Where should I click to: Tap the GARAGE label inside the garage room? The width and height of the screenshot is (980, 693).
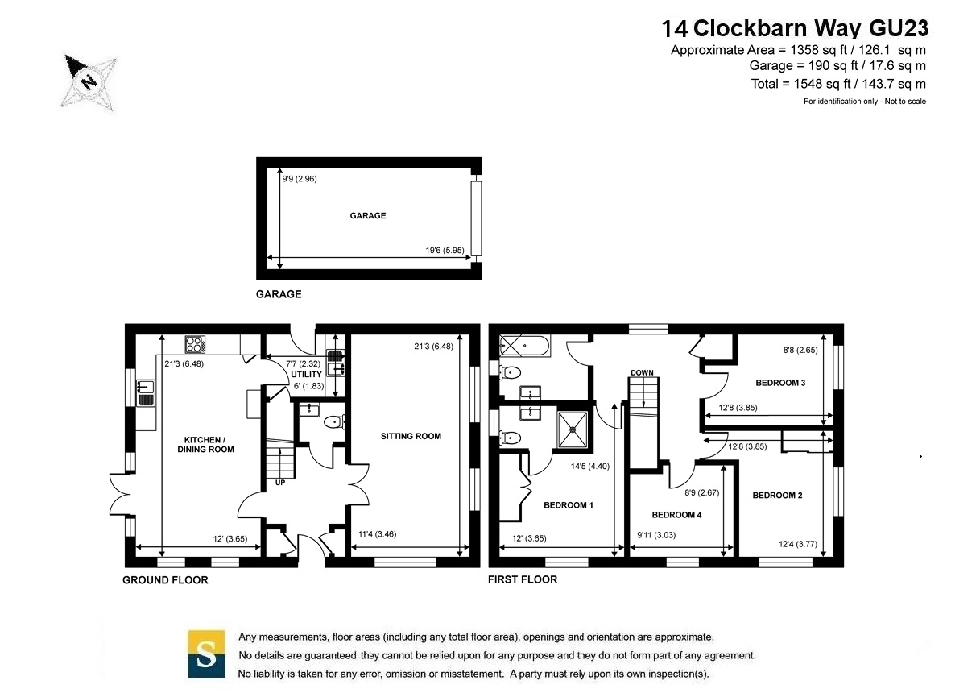point(368,215)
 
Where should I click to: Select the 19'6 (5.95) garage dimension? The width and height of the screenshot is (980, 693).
point(445,251)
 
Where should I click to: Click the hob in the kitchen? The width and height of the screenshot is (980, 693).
point(195,344)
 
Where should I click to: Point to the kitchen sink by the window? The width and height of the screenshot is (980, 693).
point(146,393)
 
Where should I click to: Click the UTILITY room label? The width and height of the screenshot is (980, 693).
point(306,374)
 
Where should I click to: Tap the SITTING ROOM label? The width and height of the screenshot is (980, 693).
point(411,436)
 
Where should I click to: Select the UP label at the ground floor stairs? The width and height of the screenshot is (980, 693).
point(280,483)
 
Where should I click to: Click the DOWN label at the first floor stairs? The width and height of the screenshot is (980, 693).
point(642,372)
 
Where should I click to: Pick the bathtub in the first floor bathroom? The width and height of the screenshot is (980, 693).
point(524,346)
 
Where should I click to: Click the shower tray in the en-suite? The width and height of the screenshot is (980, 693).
point(573,429)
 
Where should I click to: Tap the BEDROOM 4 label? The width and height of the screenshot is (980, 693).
point(676,515)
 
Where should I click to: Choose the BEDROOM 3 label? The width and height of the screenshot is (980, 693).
point(780,383)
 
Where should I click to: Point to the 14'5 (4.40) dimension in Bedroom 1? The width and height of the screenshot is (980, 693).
point(589,467)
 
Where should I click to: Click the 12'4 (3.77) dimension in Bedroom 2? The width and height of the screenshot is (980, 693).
point(798,544)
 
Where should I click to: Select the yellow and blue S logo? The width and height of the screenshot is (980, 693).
point(206,654)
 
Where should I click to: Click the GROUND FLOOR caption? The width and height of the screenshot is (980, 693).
point(165,580)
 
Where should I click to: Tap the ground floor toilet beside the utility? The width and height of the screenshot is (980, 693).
point(334,422)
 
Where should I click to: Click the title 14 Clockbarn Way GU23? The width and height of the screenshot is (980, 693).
point(795,28)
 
